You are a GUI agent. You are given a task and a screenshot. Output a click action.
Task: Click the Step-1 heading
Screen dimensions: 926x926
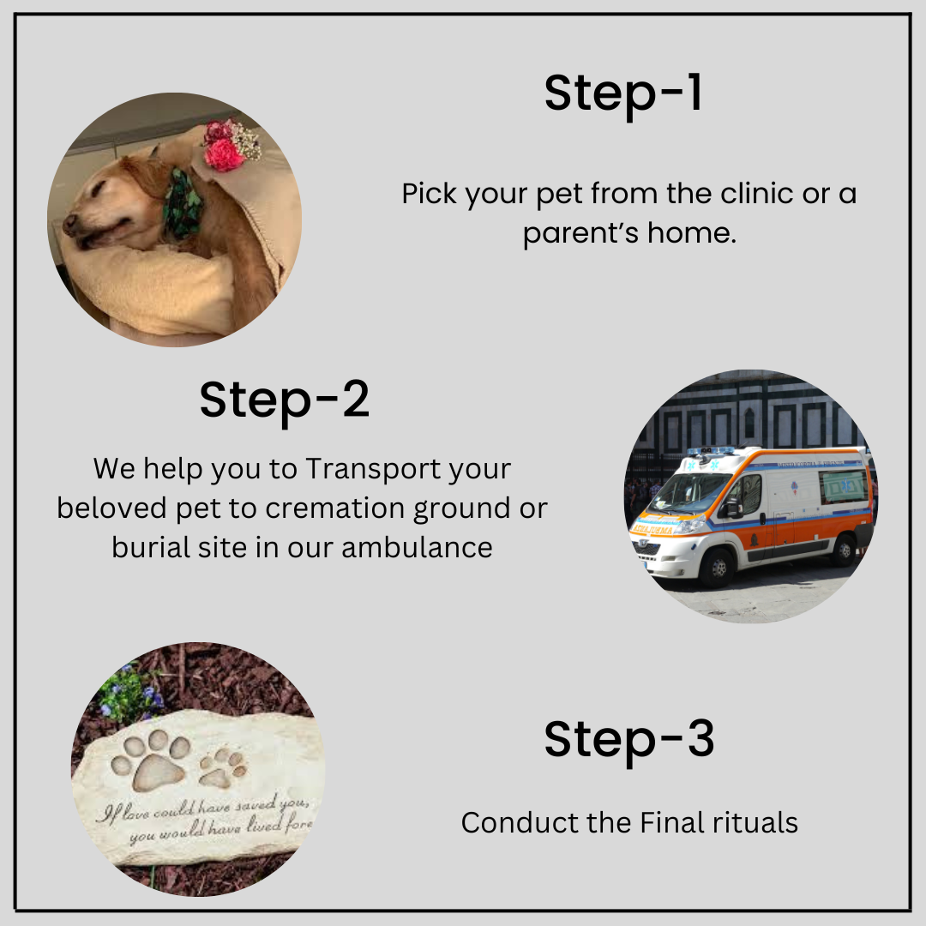point(623,93)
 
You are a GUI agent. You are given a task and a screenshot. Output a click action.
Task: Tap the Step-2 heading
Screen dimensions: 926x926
point(285,400)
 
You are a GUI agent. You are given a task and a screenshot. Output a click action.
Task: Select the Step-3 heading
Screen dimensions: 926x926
point(628,739)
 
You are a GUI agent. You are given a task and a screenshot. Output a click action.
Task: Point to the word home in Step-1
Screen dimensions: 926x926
point(695,233)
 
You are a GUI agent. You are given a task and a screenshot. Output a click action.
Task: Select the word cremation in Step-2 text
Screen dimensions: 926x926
point(337,508)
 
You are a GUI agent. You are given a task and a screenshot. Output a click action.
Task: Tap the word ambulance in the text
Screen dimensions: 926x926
point(418,547)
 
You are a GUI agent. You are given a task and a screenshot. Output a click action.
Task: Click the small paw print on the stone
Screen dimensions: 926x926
point(221,767)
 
